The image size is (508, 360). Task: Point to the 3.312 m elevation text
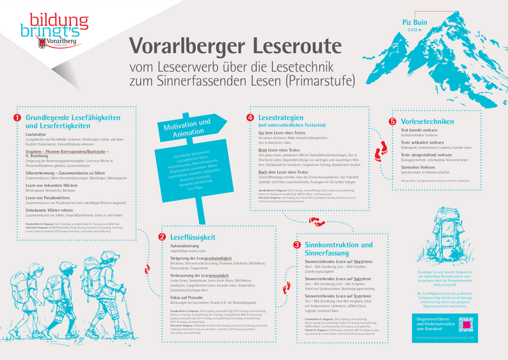point(415,30)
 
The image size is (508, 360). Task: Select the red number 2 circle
point(161,236)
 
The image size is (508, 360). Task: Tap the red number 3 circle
point(296,244)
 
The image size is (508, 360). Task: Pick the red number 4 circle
point(250,118)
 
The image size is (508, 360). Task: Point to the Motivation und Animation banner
point(187,126)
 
